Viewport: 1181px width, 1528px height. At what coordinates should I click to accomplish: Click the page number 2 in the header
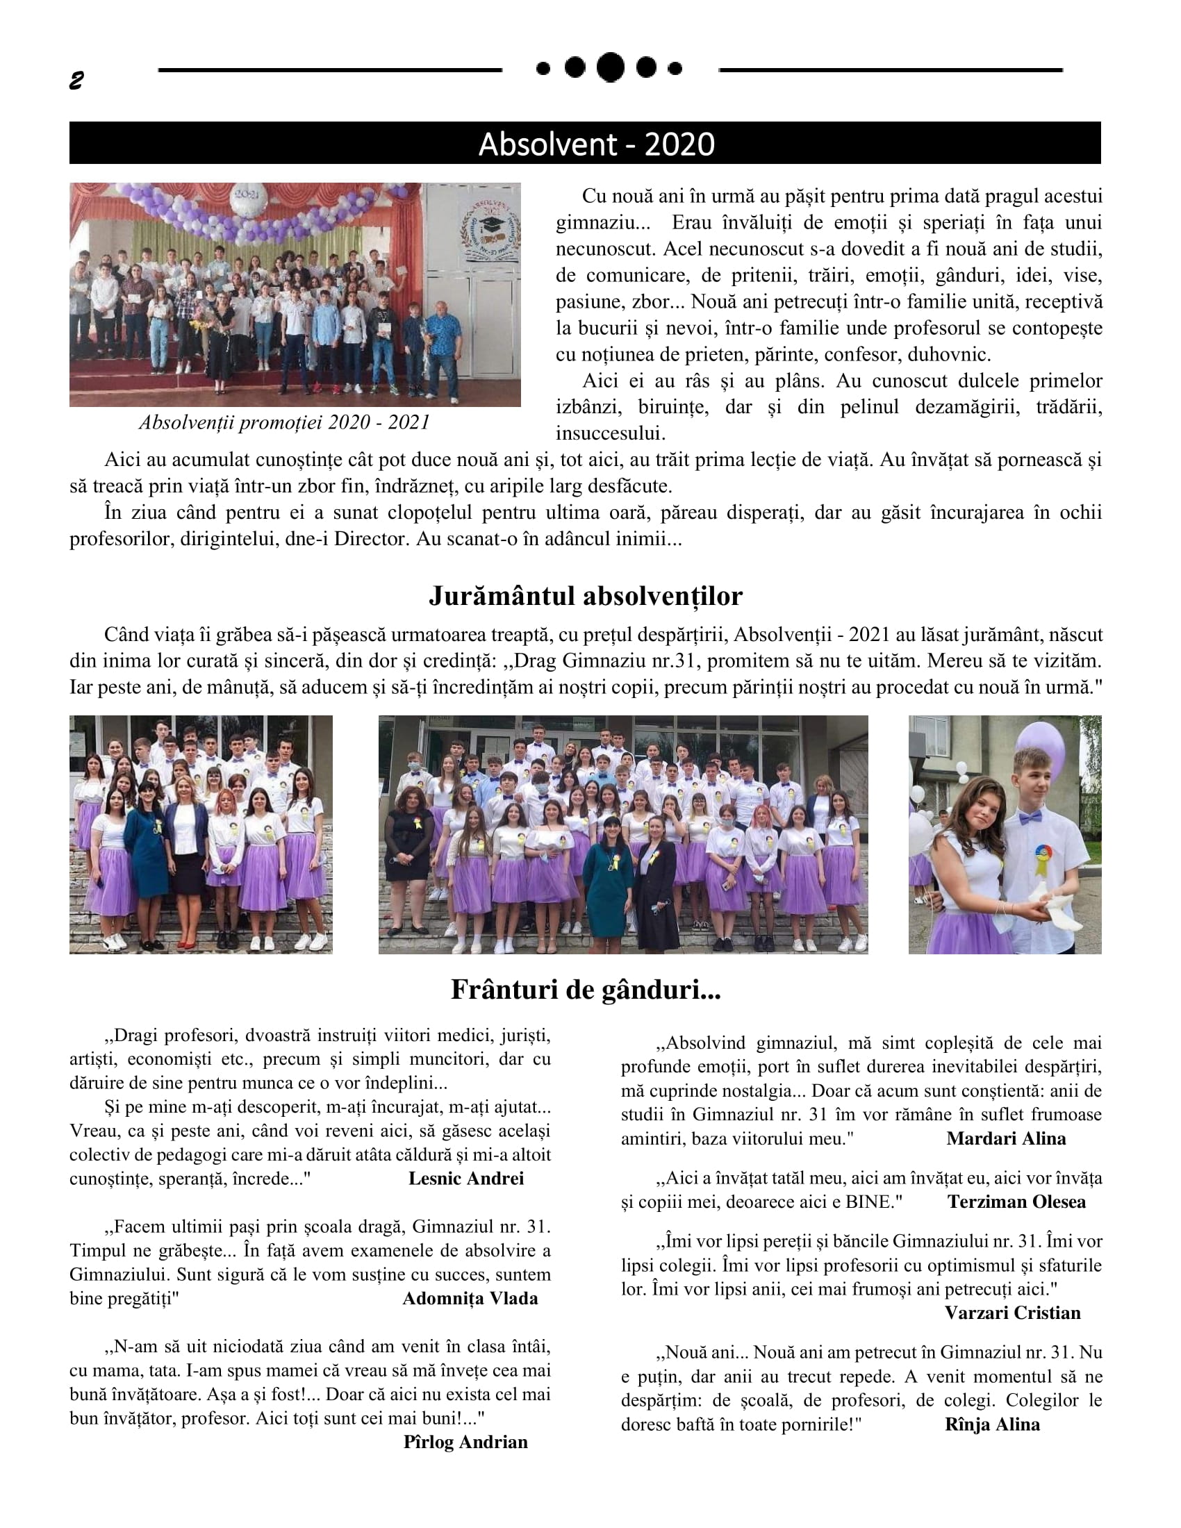(76, 81)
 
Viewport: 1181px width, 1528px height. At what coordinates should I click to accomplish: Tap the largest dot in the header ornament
(610, 67)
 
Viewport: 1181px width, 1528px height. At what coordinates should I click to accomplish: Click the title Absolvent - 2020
(596, 144)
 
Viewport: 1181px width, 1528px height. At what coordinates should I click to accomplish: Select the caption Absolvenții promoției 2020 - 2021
(284, 422)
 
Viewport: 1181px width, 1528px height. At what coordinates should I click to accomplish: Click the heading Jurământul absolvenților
(585, 596)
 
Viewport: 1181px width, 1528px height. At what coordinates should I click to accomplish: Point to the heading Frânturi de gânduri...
(585, 990)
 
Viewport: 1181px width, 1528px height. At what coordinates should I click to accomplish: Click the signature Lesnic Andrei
(466, 1179)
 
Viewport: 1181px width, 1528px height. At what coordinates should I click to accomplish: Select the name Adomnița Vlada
(470, 1299)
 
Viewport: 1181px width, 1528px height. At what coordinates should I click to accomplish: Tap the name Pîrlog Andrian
(465, 1442)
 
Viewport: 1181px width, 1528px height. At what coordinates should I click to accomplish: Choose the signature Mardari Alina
(1005, 1138)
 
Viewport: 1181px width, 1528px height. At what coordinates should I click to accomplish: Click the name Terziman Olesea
(1016, 1202)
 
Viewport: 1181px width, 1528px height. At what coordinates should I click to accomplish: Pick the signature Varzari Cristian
(1011, 1313)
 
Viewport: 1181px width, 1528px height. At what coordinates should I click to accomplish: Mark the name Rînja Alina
(991, 1425)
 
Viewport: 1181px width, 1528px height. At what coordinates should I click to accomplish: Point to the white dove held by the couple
(1050, 902)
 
